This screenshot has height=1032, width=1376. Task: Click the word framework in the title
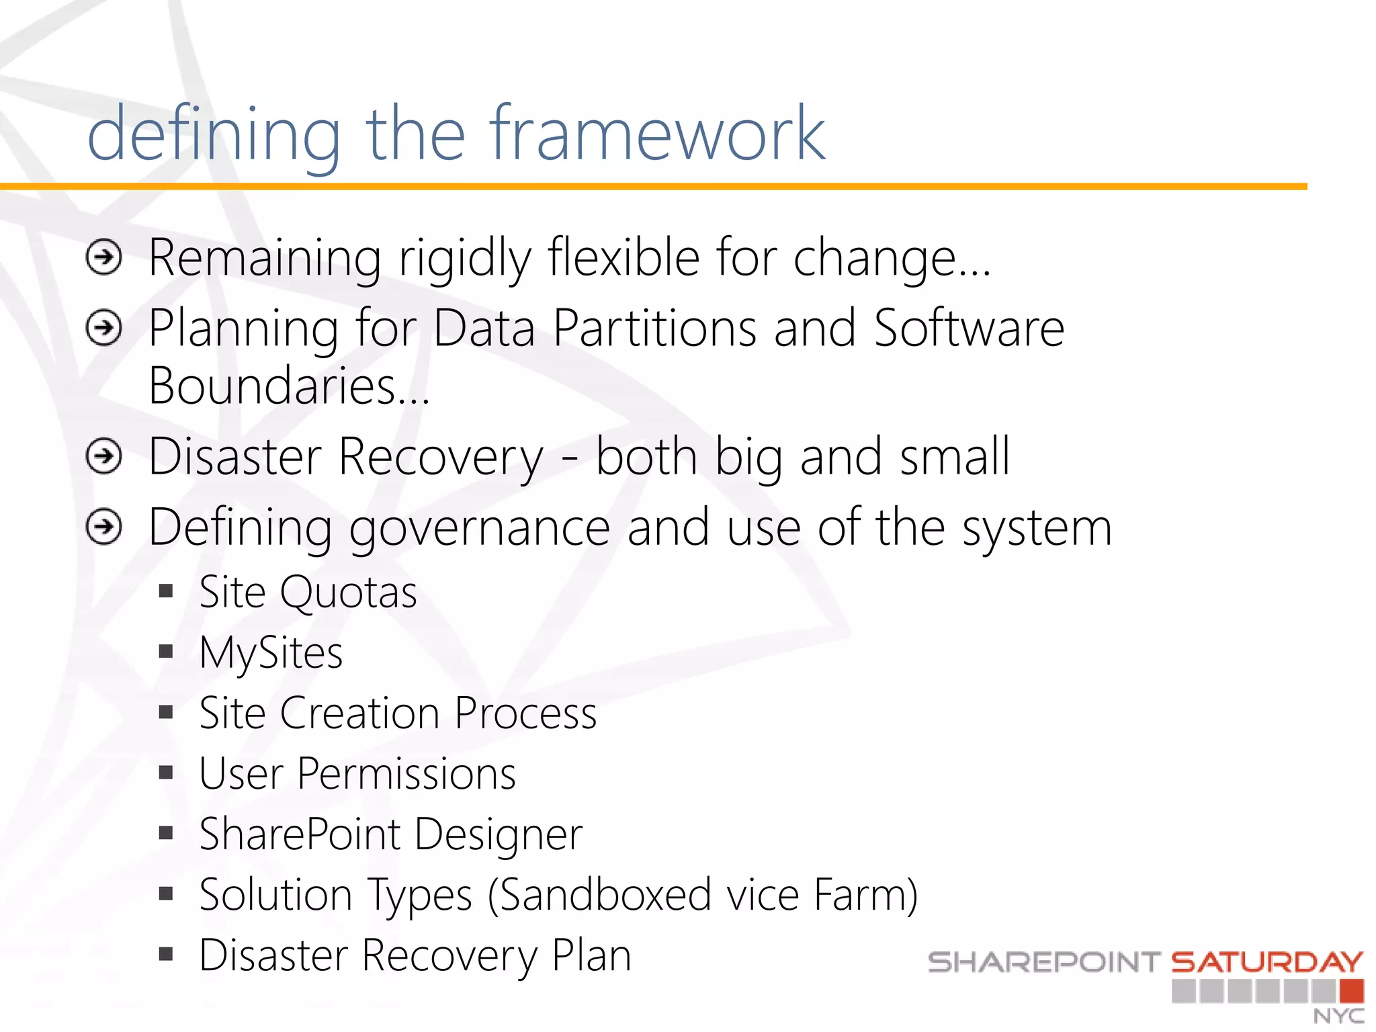[x=656, y=134]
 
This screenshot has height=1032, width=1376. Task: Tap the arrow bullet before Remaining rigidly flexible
[x=104, y=257]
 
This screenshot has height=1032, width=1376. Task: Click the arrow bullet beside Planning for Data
[x=104, y=328]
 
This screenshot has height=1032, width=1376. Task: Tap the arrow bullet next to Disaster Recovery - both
[x=104, y=456]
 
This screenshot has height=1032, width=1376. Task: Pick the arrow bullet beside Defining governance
[x=104, y=527]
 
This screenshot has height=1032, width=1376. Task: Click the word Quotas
[x=348, y=593]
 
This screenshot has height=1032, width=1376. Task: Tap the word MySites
[x=271, y=654]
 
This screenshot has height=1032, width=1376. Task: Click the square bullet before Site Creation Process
[x=166, y=712]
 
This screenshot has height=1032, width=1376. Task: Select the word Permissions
[x=406, y=774]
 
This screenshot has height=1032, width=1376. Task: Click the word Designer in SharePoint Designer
[x=498, y=835]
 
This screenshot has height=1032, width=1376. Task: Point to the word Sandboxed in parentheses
[x=604, y=896]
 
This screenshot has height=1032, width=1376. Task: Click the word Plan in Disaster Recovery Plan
[x=591, y=955]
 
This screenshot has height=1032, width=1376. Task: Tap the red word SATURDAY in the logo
[x=1267, y=962]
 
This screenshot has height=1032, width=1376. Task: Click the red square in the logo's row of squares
[x=1351, y=991]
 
